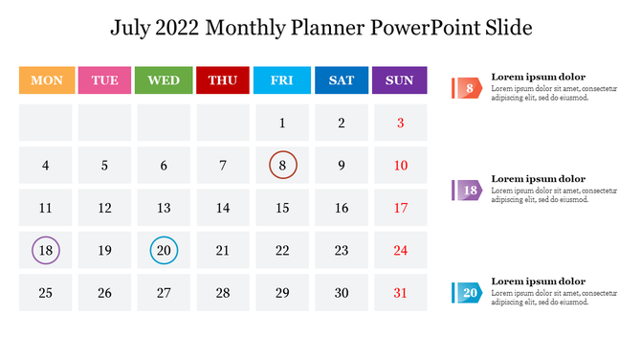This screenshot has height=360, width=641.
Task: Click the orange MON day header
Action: pyautogui.click(x=46, y=80)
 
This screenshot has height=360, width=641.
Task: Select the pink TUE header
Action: pyautogui.click(x=105, y=80)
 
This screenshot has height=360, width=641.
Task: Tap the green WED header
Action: pyautogui.click(x=164, y=80)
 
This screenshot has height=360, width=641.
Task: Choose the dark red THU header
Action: pyautogui.click(x=223, y=80)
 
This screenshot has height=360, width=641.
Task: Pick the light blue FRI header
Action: pyautogui.click(x=282, y=80)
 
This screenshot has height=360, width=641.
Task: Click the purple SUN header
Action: pyautogui.click(x=400, y=80)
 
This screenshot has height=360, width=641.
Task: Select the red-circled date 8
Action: pyautogui.click(x=282, y=166)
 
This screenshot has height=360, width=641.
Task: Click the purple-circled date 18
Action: pyautogui.click(x=46, y=251)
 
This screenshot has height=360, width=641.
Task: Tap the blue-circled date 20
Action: pyautogui.click(x=164, y=251)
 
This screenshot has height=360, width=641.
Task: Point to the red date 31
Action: pyautogui.click(x=401, y=293)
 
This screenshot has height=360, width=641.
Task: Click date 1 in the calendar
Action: pyautogui.click(x=282, y=123)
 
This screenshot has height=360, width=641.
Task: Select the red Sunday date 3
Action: pyautogui.click(x=401, y=123)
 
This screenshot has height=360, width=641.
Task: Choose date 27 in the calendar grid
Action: pyautogui.click(x=164, y=293)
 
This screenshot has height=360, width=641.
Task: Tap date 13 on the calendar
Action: pyautogui.click(x=164, y=208)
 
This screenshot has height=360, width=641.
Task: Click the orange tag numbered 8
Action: pyautogui.click(x=468, y=89)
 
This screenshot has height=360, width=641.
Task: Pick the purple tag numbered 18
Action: pyautogui.click(x=468, y=191)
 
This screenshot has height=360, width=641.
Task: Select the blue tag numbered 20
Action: pyautogui.click(x=468, y=293)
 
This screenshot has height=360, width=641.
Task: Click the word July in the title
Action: pyautogui.click(x=133, y=28)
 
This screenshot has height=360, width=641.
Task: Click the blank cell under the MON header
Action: pyautogui.click(x=46, y=123)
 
